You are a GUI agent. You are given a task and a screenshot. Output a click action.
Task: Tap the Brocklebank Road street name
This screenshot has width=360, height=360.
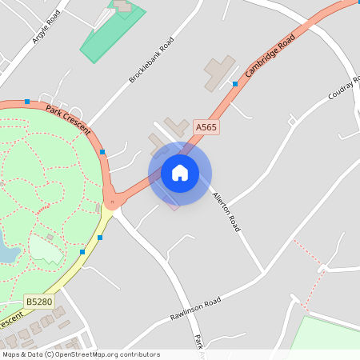tap(151, 60)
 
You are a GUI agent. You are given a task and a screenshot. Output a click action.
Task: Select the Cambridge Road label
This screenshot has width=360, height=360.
tap(271, 54)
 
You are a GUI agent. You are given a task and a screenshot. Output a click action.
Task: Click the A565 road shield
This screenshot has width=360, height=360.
tap(206, 127)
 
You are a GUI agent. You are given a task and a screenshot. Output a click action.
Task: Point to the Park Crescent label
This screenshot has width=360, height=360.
tap(68, 119)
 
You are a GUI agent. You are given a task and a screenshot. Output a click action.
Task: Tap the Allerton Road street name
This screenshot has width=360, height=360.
tap(226, 211)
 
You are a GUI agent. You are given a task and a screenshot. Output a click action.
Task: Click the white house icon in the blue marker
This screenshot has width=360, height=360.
tap(180, 173)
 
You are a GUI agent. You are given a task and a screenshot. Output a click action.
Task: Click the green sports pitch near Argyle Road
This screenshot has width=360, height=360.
tap(113, 32)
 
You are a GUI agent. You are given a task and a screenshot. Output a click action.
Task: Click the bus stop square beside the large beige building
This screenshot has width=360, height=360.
tap(235, 83)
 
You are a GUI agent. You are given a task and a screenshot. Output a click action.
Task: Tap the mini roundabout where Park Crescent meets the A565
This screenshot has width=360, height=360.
tap(113, 202)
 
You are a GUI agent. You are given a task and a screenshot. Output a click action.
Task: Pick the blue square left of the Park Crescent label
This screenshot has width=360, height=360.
tap(28, 102)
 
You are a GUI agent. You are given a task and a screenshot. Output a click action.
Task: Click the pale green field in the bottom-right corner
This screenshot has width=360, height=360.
tap(328, 336)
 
